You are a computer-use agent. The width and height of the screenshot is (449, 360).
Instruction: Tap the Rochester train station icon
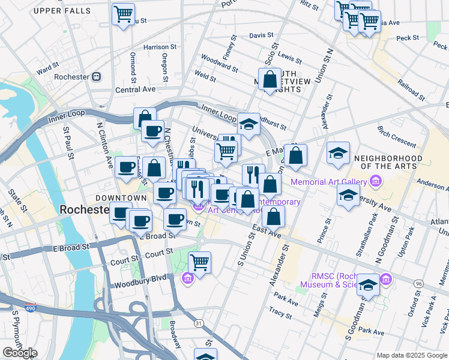click(x=95, y=77)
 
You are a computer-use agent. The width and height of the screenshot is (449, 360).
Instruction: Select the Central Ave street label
click(x=135, y=89)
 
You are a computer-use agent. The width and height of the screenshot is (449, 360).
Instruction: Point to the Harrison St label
click(x=160, y=47)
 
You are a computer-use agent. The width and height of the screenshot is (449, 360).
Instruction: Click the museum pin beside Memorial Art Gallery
click(x=376, y=180)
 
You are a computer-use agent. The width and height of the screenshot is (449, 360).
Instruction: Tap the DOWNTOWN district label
click(x=121, y=198)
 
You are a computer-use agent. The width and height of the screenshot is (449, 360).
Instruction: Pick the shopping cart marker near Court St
click(x=199, y=262)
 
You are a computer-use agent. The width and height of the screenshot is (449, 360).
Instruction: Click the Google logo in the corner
click(x=20, y=353)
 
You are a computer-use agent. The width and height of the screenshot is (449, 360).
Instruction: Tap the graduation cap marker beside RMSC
click(x=368, y=285)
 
